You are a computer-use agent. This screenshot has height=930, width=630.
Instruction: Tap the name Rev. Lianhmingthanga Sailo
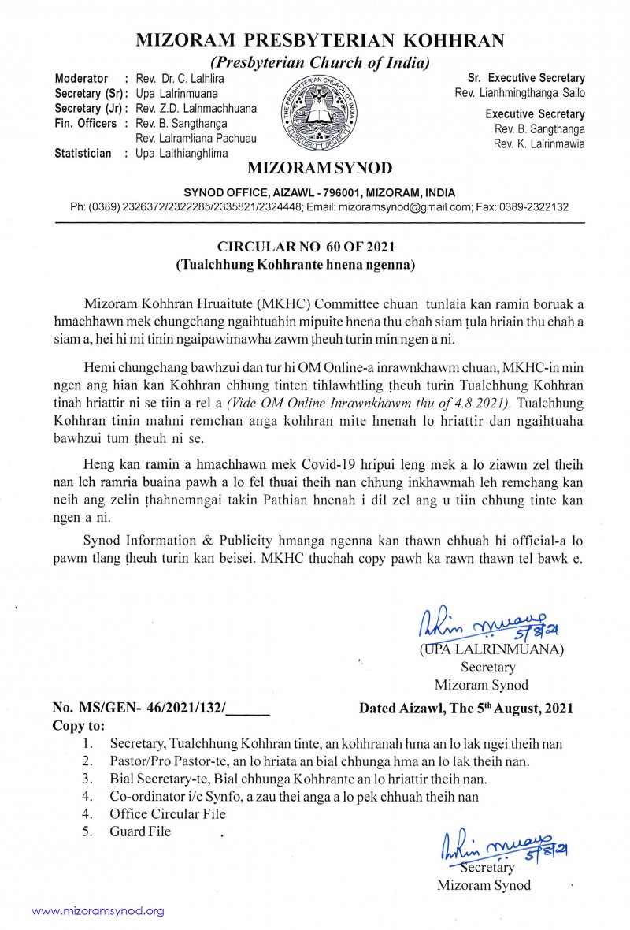520,93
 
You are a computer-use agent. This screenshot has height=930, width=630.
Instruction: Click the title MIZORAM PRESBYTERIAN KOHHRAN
320,40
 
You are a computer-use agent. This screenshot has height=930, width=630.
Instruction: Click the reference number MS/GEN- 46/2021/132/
161,708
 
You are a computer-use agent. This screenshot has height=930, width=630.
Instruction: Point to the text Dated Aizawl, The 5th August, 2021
466,708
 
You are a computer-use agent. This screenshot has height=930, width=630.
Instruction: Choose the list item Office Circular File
168,814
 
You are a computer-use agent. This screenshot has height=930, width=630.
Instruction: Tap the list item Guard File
140,831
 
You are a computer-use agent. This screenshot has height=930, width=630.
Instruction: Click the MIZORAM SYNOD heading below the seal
319,168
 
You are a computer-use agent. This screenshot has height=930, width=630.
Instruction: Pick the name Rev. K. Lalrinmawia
539,143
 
